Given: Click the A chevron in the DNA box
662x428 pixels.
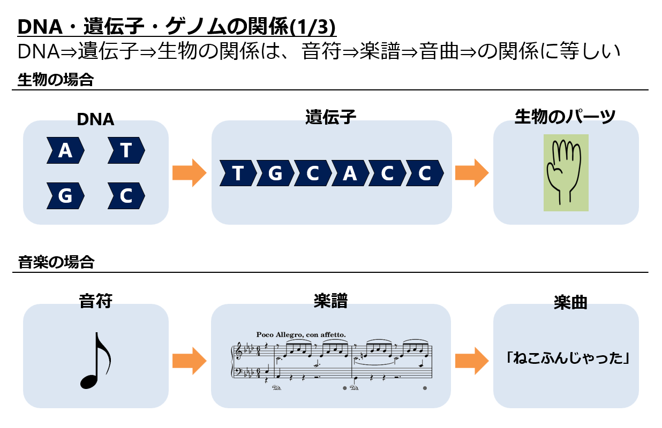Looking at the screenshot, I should point(65,150).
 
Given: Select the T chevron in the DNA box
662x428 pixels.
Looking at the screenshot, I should point(126,150).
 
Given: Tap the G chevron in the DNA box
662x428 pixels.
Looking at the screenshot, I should point(65,196).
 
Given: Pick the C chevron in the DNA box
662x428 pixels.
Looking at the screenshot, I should point(126,196).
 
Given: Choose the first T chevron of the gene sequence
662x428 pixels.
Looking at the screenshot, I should point(238,173).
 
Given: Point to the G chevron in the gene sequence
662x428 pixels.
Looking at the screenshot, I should point(275,173).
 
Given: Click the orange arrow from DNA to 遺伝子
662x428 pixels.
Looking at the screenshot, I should point(189,173).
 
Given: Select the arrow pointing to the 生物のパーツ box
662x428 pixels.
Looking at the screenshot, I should point(471,173).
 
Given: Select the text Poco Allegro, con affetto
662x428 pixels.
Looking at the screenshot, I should point(301,334).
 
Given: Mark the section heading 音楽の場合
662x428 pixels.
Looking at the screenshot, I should point(56,262).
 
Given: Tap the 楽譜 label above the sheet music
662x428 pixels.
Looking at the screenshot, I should point(330,301).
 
